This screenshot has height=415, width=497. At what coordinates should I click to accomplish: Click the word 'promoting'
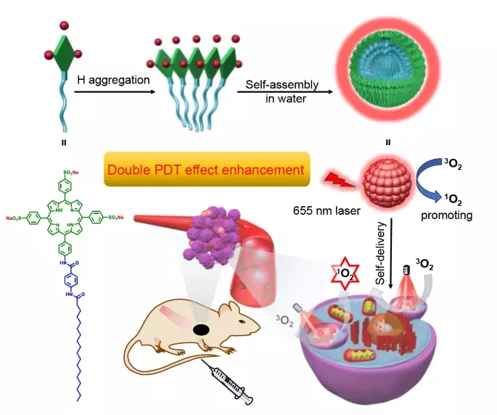450,215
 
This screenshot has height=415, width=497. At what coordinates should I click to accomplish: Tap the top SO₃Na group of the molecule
78,150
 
